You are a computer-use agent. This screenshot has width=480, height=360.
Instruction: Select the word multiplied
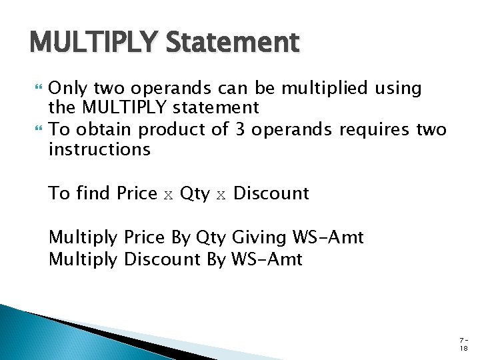coord(325,88)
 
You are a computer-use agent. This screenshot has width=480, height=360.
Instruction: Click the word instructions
coord(99,149)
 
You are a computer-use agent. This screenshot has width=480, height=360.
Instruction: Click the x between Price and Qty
coord(169,194)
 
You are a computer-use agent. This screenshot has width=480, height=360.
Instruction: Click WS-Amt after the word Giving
coord(328,237)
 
